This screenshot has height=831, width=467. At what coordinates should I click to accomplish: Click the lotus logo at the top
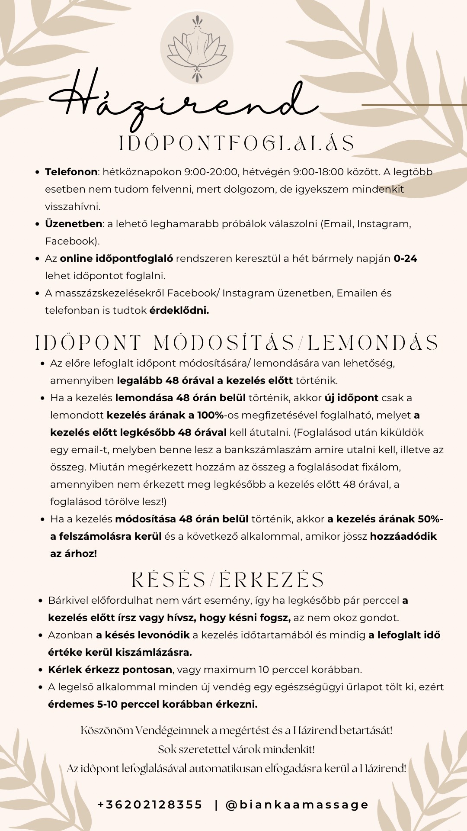pyautogui.click(x=197, y=48)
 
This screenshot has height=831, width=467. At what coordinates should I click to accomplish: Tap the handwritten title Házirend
pyautogui.click(x=182, y=102)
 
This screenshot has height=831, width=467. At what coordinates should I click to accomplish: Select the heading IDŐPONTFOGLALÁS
pyautogui.click(x=237, y=144)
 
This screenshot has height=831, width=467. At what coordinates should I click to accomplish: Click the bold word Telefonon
pyautogui.click(x=71, y=172)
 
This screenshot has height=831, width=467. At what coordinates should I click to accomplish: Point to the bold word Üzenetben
pyautogui.click(x=74, y=224)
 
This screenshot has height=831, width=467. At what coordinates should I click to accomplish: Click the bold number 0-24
pyautogui.click(x=405, y=258)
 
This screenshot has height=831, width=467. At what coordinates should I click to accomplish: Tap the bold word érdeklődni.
pyautogui.click(x=179, y=310)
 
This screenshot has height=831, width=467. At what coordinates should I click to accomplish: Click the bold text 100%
pyautogui.click(x=210, y=415)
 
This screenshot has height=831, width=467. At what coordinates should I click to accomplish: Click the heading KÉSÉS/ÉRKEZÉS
pyautogui.click(x=227, y=580)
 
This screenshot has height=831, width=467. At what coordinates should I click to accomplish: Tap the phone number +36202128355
pyautogui.click(x=150, y=805)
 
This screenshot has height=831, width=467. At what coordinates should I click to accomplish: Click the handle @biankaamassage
pyautogui.click(x=297, y=805)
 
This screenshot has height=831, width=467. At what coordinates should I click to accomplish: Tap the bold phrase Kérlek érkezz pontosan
pyautogui.click(x=110, y=670)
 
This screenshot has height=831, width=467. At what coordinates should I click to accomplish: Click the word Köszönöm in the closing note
pyautogui.click(x=106, y=731)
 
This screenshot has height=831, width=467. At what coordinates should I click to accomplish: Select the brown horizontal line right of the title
pyautogui.click(x=414, y=105)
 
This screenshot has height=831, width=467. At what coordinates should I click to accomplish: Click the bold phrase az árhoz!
pyautogui.click(x=74, y=554)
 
